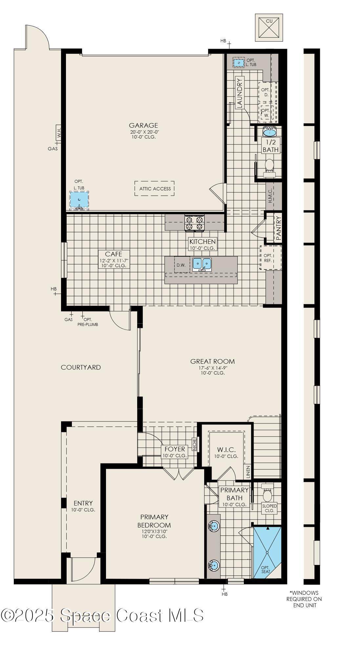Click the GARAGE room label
[143, 125]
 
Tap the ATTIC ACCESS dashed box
[154, 189]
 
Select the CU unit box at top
[269, 28]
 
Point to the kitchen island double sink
[202, 264]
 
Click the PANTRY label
[279, 228]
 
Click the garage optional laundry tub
[79, 200]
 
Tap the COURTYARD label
[81, 367]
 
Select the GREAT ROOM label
[213, 361]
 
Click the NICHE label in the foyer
[194, 444]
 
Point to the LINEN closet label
[248, 471]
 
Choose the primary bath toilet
[267, 494]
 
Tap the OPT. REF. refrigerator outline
[271, 258]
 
